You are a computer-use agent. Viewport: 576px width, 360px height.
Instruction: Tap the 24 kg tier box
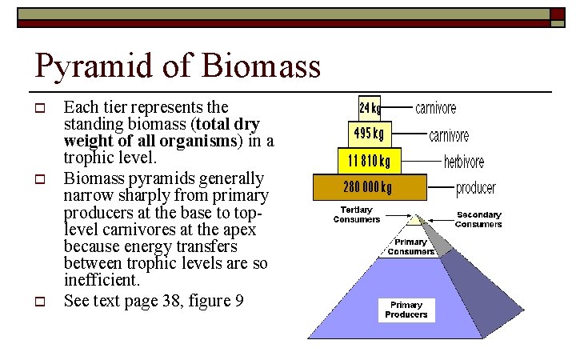point(370,107)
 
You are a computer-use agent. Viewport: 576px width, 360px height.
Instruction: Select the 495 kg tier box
point(369,133)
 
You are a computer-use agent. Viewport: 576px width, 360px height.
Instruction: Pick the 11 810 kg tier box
point(369,161)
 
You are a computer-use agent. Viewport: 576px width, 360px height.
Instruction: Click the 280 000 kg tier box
point(369,188)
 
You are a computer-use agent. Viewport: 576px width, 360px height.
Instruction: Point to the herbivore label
point(464,162)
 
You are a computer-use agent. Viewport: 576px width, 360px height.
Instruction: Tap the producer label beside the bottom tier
point(476,189)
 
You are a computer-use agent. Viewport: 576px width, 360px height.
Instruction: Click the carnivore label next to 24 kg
point(436,107)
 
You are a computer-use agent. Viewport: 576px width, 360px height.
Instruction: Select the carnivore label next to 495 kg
point(449,135)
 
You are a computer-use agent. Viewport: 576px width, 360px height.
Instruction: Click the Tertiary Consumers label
point(356,214)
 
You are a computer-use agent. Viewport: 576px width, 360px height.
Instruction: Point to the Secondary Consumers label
point(478,219)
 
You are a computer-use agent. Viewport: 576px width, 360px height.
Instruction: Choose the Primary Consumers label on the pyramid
point(410,246)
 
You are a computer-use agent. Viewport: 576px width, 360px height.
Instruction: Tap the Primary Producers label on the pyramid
point(406,310)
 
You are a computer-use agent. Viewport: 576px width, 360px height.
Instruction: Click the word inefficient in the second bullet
point(102,281)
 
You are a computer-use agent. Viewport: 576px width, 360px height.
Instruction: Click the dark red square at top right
point(558,14)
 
